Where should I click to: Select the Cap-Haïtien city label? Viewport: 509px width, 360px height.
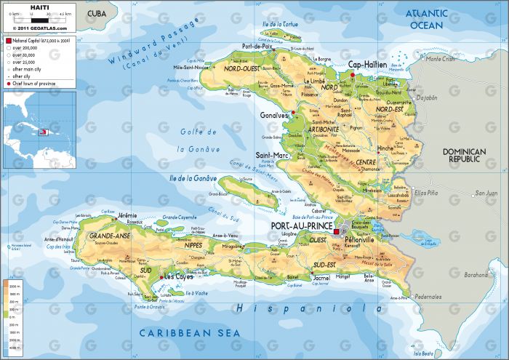click(367, 64)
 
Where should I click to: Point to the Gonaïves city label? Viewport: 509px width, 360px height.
click(273, 115)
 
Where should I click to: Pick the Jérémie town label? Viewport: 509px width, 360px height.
click(128, 215)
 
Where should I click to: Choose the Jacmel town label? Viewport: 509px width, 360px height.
click(321, 277)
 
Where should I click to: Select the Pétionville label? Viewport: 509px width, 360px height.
click(359, 239)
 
